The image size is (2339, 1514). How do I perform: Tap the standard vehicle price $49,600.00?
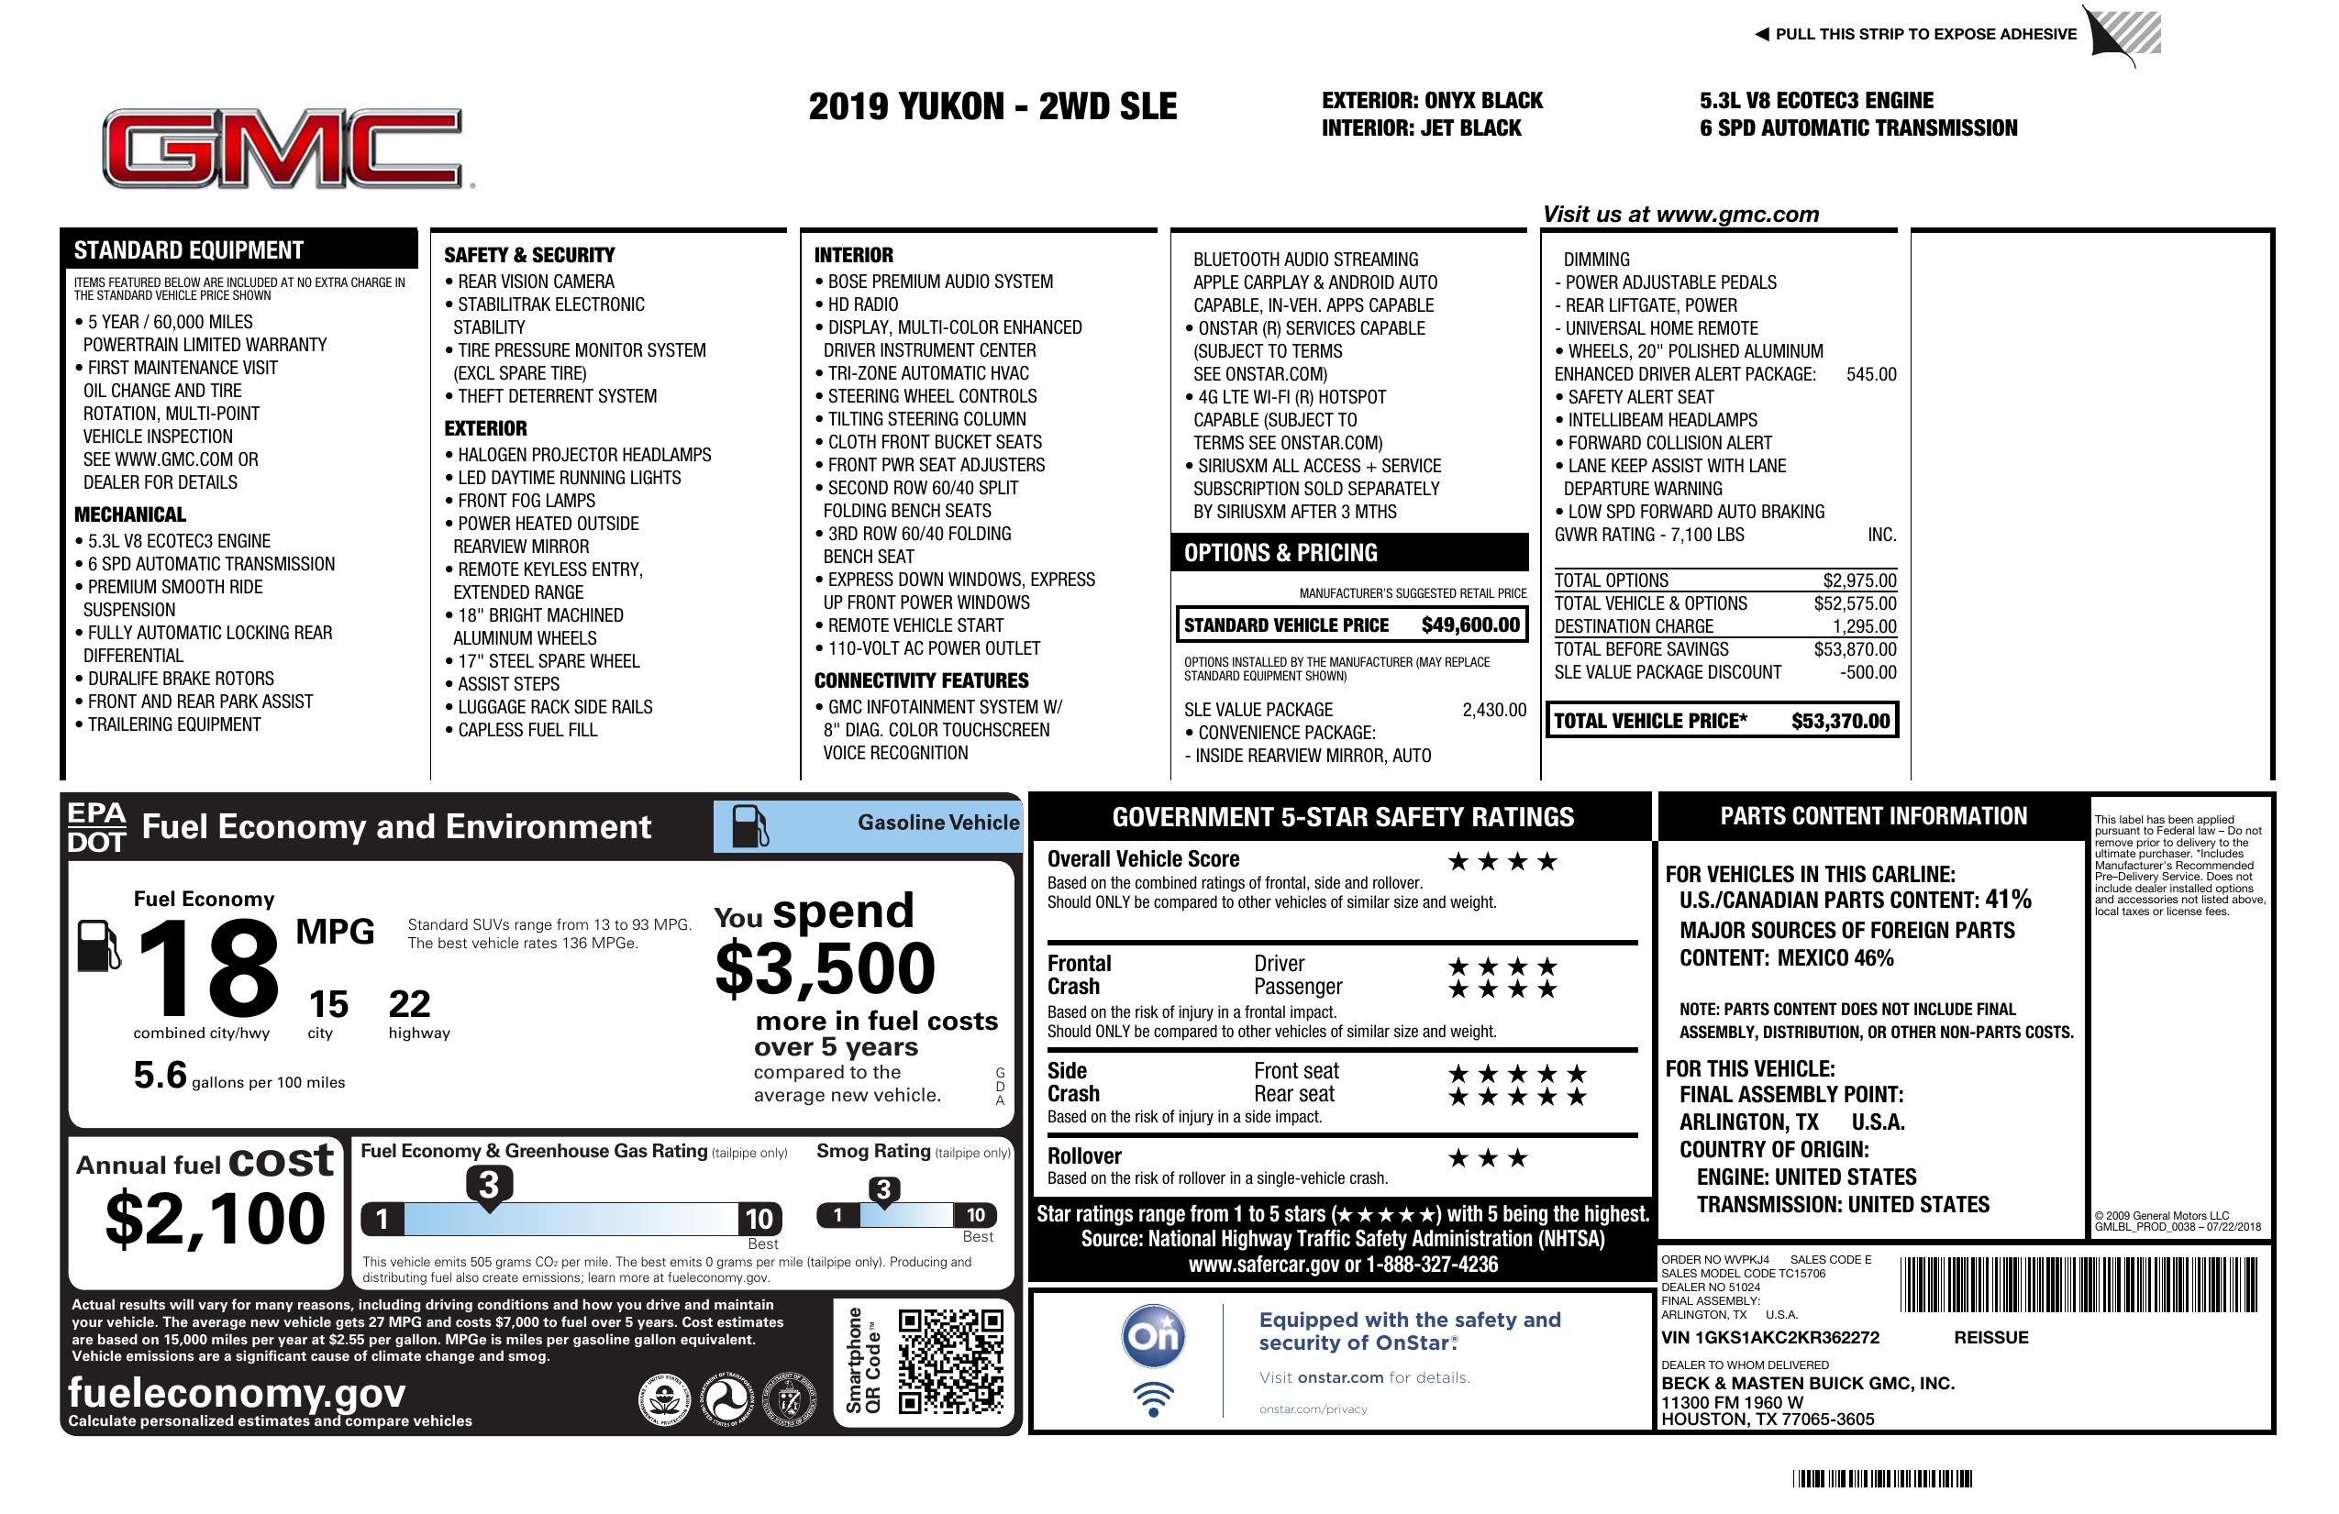click(x=1469, y=624)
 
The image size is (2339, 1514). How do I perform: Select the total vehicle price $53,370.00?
click(x=1839, y=721)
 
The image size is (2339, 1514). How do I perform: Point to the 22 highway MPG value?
click(x=409, y=1004)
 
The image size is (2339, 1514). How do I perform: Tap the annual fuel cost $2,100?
click(x=216, y=1219)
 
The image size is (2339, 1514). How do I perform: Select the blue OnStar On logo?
click(x=1153, y=1336)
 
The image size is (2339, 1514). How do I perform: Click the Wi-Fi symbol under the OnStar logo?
click(x=1153, y=1399)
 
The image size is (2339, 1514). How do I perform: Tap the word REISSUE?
click(x=1990, y=1337)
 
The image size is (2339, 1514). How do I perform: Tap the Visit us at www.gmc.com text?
click(x=1679, y=215)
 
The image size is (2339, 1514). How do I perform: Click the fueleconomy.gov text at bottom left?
click(x=236, y=1392)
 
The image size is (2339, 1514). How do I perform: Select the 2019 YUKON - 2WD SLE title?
click(x=992, y=107)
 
